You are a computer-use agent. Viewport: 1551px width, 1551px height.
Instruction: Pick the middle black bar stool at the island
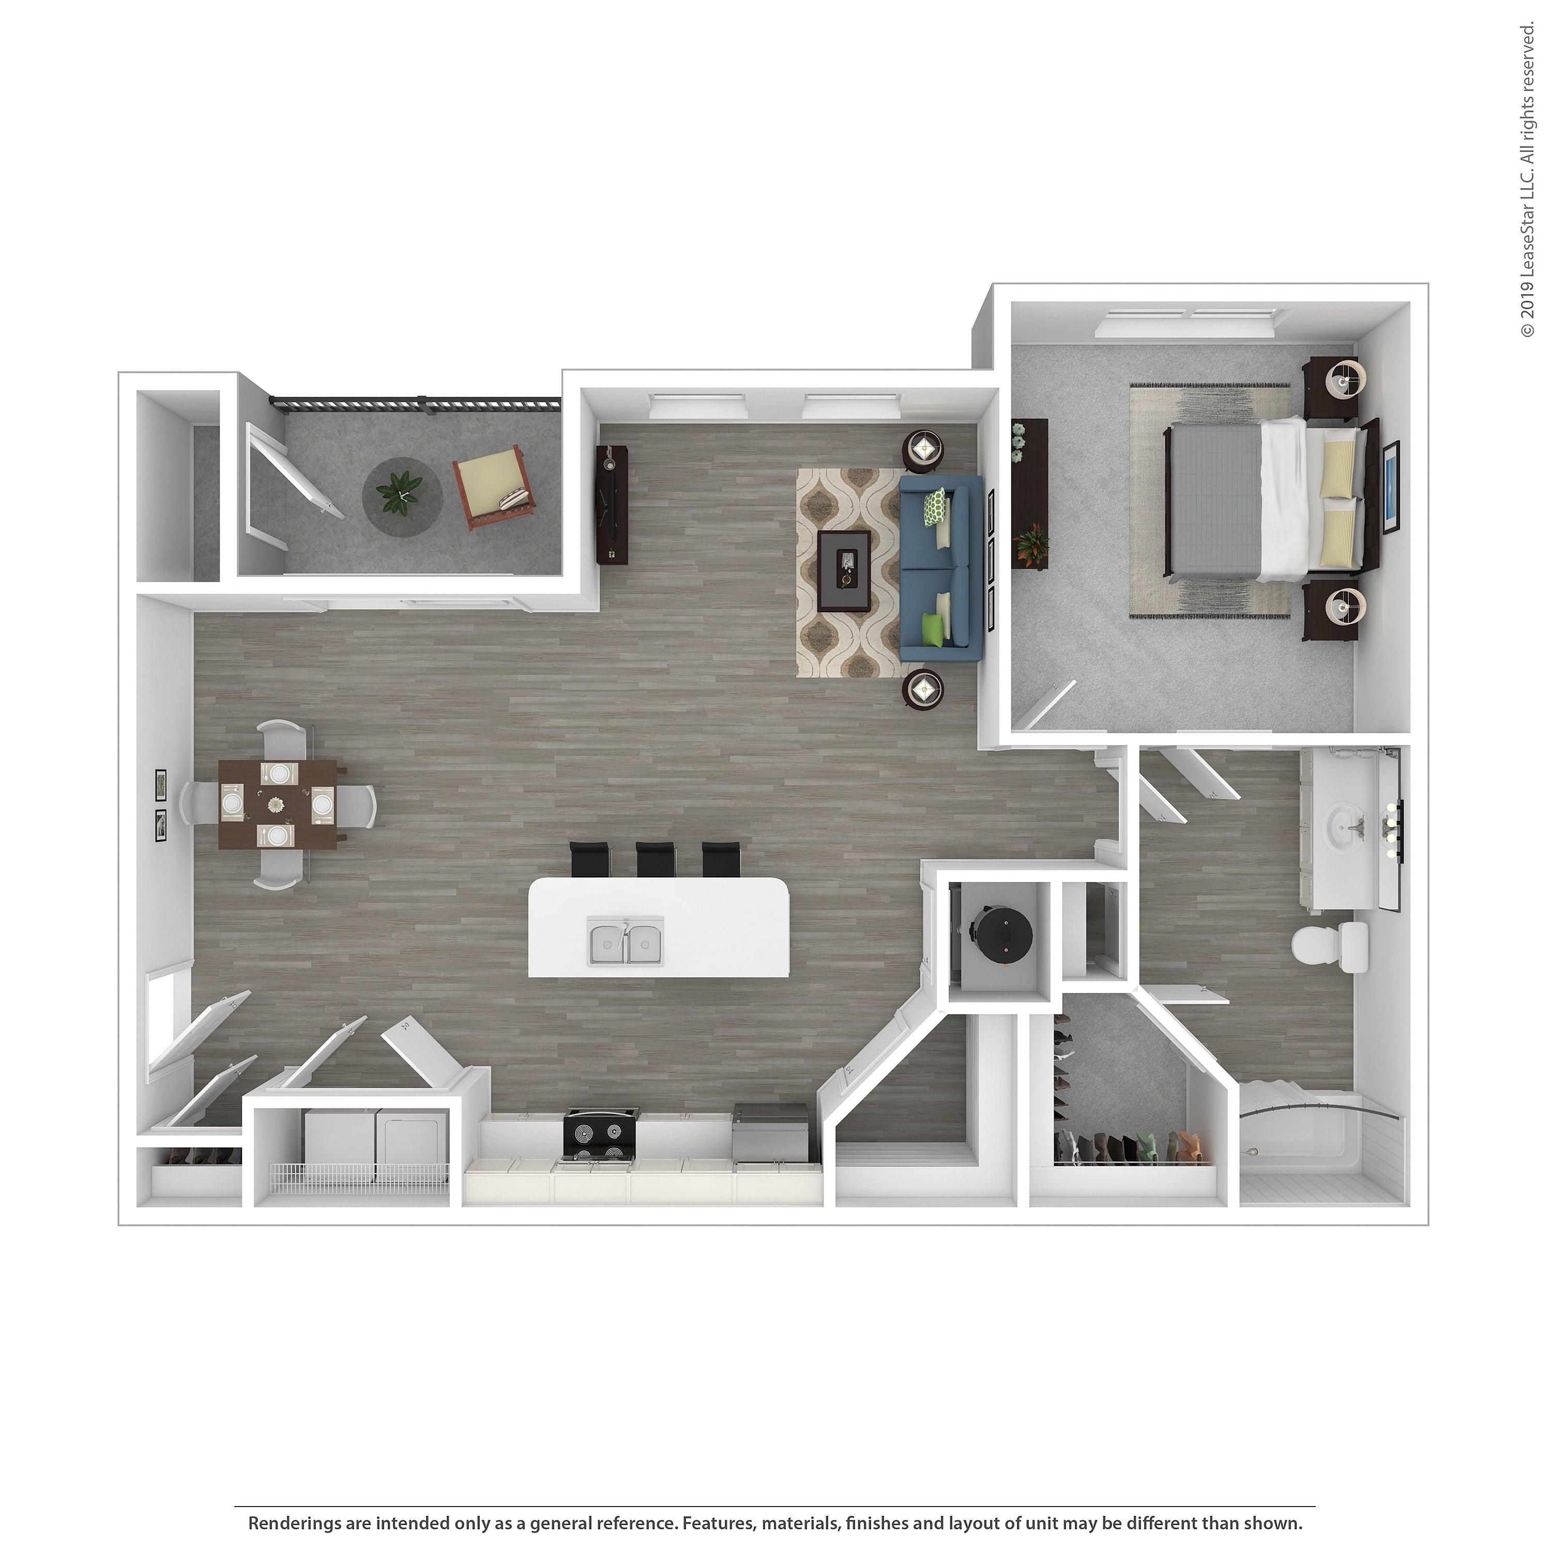tap(657, 859)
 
